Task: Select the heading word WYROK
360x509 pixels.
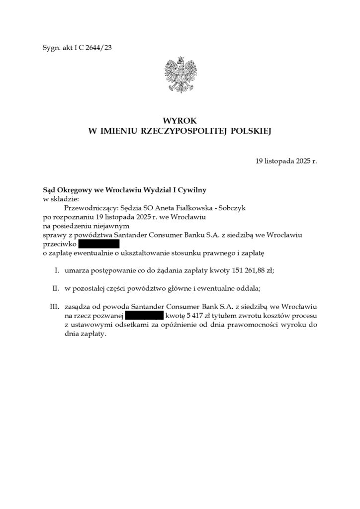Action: point(180,121)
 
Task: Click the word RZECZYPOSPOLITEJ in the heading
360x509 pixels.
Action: point(178,131)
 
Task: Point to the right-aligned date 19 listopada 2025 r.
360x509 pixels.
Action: point(286,162)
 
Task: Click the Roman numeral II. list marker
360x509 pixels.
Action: point(56,289)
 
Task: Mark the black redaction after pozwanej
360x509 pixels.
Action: point(144,316)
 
